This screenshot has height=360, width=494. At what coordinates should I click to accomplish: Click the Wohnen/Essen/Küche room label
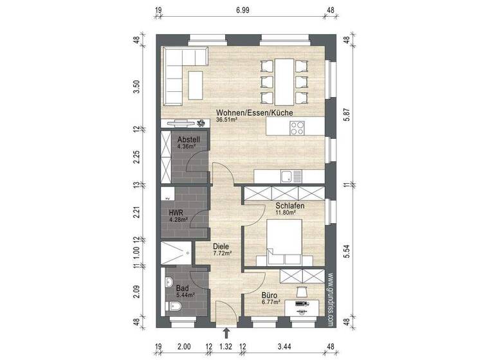click(255, 113)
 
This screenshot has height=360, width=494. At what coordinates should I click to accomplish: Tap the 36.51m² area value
click(229, 120)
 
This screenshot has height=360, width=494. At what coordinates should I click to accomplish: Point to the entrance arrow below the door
click(226, 332)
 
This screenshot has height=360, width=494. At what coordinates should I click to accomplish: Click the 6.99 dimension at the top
click(242, 11)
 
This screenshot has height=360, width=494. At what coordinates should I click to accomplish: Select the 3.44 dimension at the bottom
click(283, 348)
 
